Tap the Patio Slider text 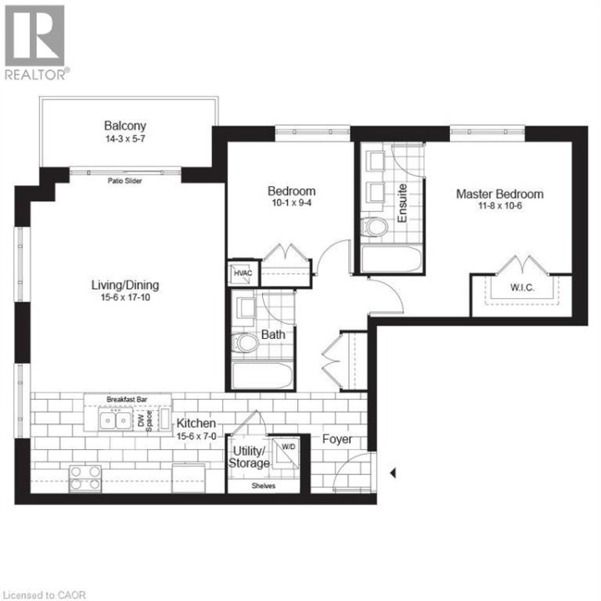coord(124,180)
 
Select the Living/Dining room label coord(125,285)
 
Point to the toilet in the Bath coord(246,342)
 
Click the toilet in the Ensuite coord(375,226)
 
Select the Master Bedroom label coord(499,194)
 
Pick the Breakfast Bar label coord(127,399)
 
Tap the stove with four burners coord(84,477)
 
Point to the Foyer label coord(337,440)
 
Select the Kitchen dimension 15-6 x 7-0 coord(197,436)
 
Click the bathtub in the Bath coord(262,376)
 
